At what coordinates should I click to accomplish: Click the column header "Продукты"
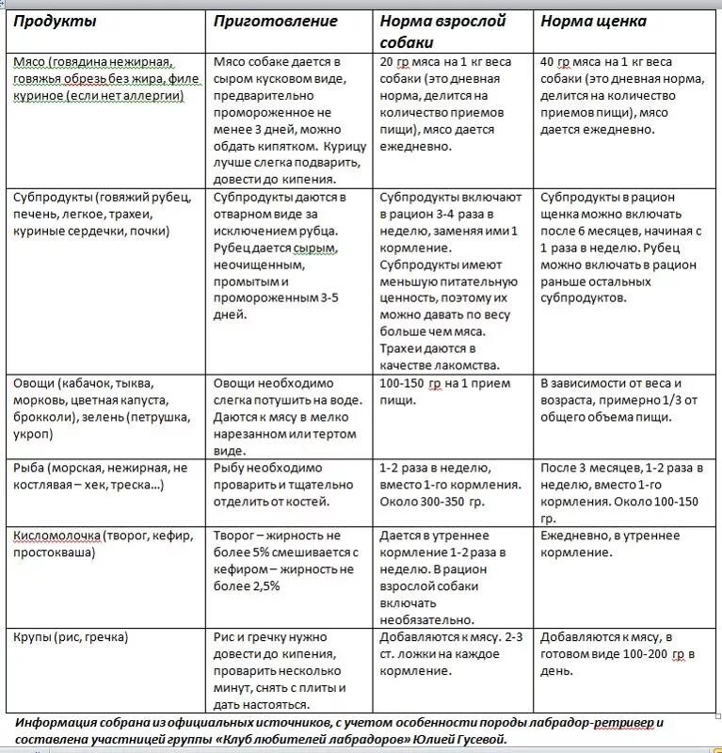(x=55, y=22)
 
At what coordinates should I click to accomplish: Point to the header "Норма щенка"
(x=593, y=22)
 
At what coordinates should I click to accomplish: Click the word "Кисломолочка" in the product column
(x=57, y=537)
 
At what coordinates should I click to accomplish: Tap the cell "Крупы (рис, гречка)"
(x=71, y=637)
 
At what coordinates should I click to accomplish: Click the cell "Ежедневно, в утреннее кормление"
(x=609, y=544)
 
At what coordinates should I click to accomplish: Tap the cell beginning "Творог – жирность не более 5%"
(x=286, y=561)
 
